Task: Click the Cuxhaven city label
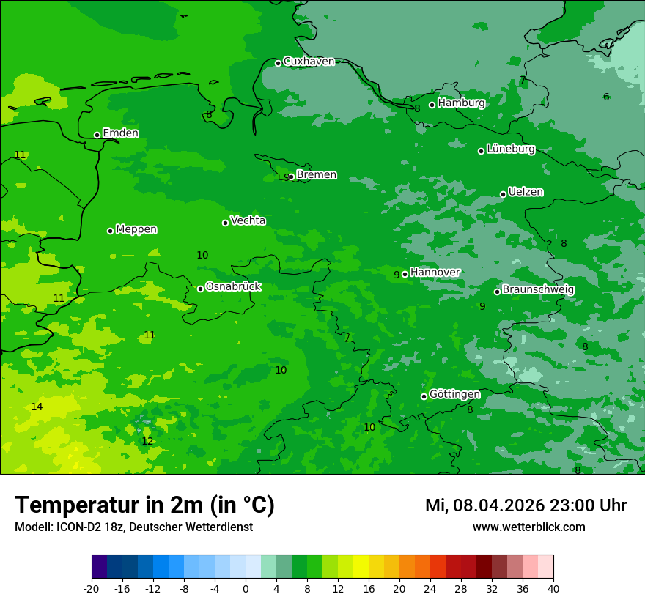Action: pyautogui.click(x=309, y=62)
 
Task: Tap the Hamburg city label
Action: pyautogui.click(x=461, y=103)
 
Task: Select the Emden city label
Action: pyautogui.click(x=120, y=133)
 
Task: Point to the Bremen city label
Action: pyautogui.click(x=316, y=175)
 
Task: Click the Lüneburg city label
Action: pyautogui.click(x=510, y=149)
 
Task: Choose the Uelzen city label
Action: pyautogui.click(x=526, y=193)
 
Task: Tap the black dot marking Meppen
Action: pyautogui.click(x=110, y=231)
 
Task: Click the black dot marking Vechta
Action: pyautogui.click(x=225, y=223)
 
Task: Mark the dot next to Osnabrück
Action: pyautogui.click(x=200, y=289)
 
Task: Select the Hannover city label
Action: pyautogui.click(x=435, y=273)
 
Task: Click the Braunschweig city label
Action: pyautogui.click(x=538, y=290)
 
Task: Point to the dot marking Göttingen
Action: pyautogui.click(x=424, y=396)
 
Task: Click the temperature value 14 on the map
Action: pyautogui.click(x=37, y=407)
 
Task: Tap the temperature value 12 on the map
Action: pyautogui.click(x=147, y=442)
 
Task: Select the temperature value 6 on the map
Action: pyautogui.click(x=606, y=97)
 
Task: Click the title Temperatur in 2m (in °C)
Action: pyautogui.click(x=144, y=505)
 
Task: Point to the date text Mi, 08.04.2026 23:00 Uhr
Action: pyautogui.click(x=526, y=505)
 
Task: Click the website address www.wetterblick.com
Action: pyautogui.click(x=528, y=527)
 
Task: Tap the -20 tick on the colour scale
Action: pyautogui.click(x=92, y=589)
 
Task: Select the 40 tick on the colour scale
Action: pyautogui.click(x=553, y=589)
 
